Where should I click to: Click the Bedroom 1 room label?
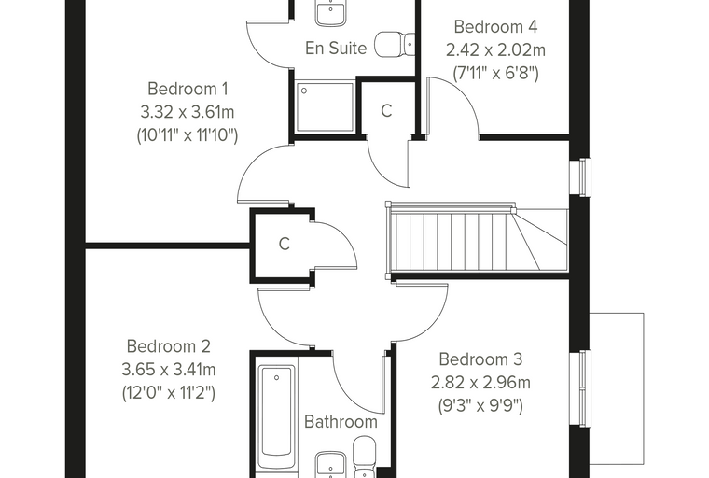pos(188,89)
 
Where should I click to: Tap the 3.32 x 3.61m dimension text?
pos(188,112)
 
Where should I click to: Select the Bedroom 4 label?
pos(495,27)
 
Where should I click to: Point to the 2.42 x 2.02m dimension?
pos(495,49)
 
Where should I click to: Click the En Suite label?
pos(336,48)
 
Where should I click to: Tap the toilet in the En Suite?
pos(395,45)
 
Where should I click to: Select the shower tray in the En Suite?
pos(325,107)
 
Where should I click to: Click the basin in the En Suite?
pos(332,13)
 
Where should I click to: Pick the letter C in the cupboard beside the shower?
pos(386,110)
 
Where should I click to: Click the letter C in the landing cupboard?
pos(284,244)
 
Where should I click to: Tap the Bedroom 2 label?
pos(168,346)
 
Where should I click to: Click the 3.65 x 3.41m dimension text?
pos(168,370)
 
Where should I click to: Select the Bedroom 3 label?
pos(480,359)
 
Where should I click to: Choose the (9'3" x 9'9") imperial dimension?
pos(480,405)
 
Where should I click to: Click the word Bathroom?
pos(341,421)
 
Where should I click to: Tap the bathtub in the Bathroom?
pos(276,416)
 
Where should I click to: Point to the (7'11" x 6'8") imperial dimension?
pos(495,73)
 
